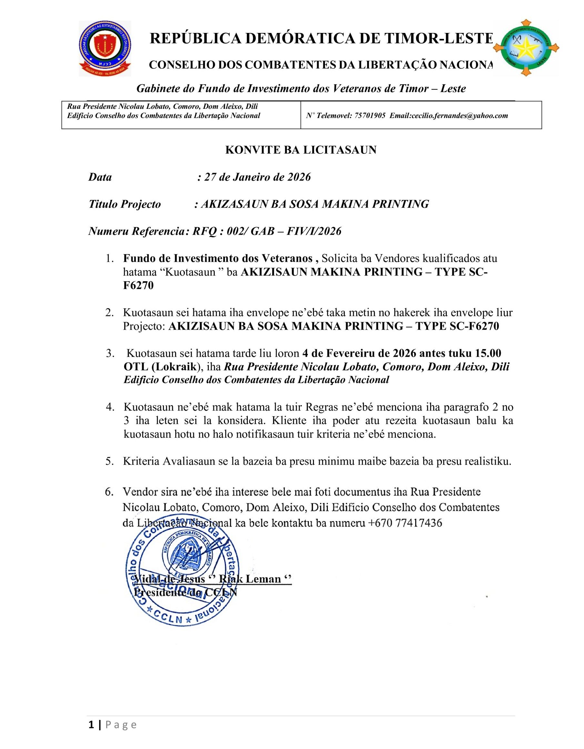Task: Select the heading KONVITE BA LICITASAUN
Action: [301, 150]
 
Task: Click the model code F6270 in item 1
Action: [138, 285]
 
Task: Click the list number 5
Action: [110, 461]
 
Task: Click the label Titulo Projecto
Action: [125, 204]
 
